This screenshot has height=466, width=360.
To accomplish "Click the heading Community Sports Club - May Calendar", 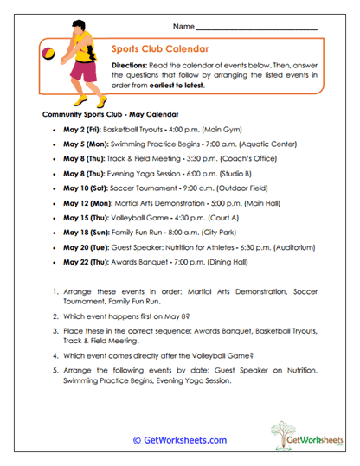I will (x=110, y=114).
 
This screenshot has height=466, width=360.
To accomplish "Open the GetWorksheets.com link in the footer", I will (x=179, y=439).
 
